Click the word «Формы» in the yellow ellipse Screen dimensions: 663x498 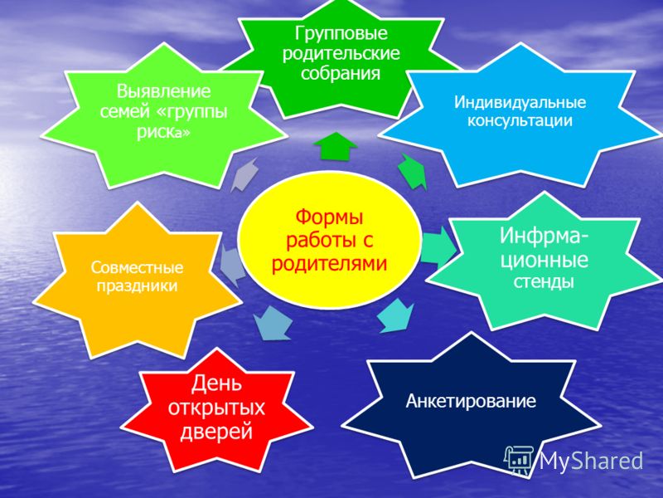329,217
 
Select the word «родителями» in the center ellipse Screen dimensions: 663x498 329,263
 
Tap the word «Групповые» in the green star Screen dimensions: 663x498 341,34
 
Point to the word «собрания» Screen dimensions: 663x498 341,73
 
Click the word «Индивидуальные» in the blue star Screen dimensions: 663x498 520,102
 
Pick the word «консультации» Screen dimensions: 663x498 520,121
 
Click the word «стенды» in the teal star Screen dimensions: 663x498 544,281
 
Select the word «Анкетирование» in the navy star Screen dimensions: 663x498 471,401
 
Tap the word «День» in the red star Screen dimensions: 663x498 216,383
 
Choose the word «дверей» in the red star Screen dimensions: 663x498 216,432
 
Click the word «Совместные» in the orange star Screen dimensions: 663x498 137,267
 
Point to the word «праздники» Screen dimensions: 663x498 137,286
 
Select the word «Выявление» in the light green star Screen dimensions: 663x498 163,91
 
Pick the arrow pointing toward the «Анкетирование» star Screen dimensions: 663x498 395,316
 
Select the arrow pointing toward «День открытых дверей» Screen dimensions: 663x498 272,323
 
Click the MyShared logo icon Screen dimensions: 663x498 520,461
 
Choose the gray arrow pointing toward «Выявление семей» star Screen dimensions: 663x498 244,175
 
